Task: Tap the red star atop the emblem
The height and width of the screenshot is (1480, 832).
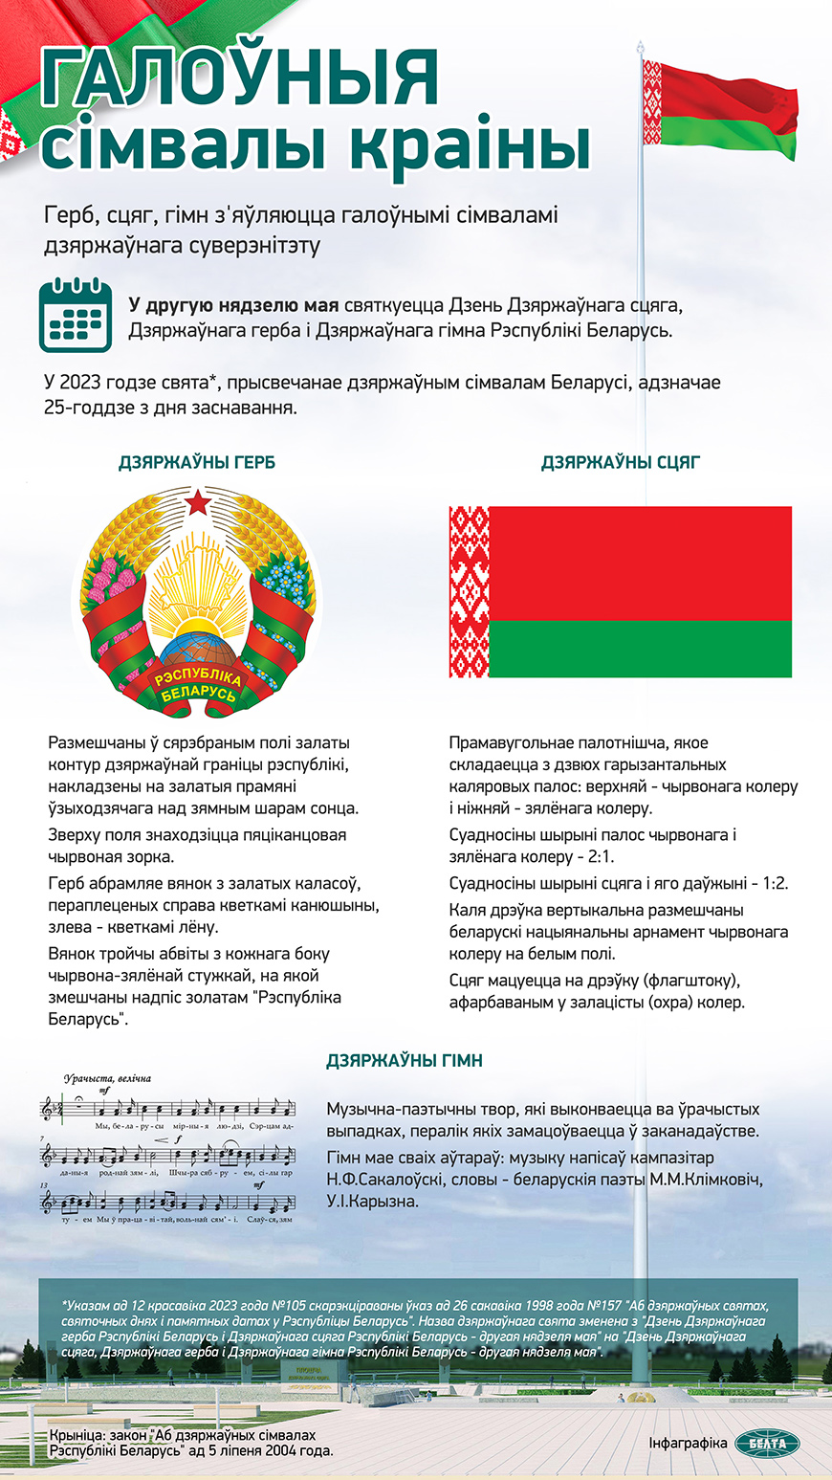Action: [198, 501]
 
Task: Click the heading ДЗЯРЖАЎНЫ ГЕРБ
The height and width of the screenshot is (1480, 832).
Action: [197, 463]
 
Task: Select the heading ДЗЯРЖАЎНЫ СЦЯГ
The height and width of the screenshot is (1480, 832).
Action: [621, 463]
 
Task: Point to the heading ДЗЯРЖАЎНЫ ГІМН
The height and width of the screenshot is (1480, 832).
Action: [405, 1061]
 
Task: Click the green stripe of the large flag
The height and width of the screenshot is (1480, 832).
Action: [640, 649]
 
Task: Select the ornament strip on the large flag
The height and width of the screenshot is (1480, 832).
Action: [469, 591]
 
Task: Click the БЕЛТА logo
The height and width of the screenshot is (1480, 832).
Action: [767, 1444]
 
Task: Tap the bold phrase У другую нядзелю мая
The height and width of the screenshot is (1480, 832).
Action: [233, 306]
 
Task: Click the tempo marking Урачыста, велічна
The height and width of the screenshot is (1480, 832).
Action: [107, 1078]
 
